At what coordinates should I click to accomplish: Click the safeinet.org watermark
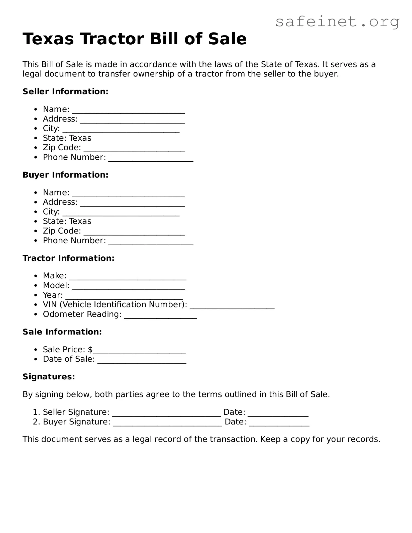(337, 22)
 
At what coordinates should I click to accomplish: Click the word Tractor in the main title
(112, 39)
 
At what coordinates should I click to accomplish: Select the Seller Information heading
(65, 91)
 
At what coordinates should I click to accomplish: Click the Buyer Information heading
(65, 175)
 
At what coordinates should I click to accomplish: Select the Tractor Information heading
(68, 258)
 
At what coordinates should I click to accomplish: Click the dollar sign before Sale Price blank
(90, 349)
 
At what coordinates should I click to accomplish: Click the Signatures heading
(49, 377)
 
